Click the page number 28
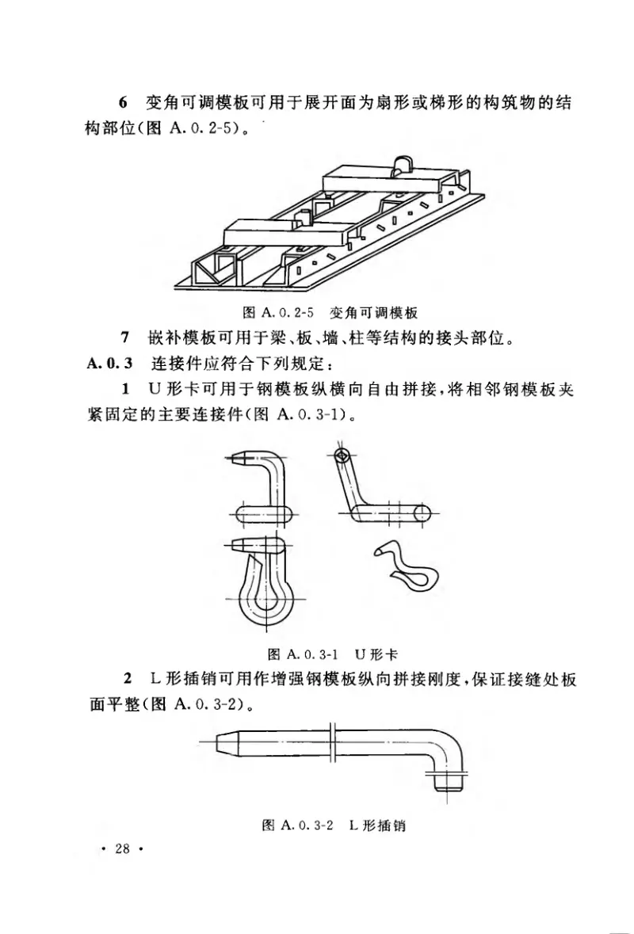(121, 850)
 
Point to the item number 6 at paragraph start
(122, 104)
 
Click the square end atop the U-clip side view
(341, 456)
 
